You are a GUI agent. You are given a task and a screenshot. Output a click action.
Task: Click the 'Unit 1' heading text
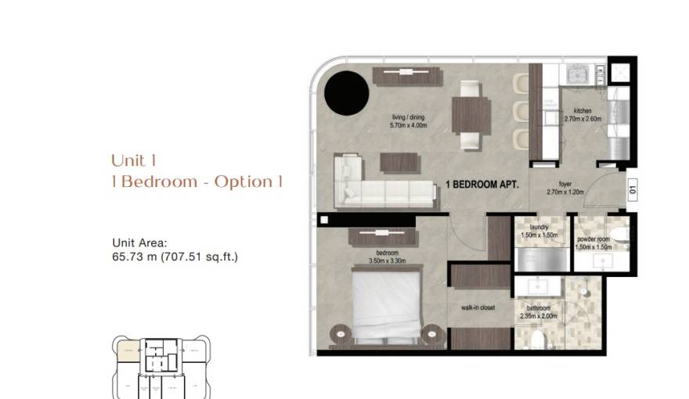pyautogui.click(x=134, y=161)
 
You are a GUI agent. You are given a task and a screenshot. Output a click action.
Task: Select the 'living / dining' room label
pyautogui.click(x=409, y=118)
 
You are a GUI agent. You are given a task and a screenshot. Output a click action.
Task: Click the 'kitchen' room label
pyautogui.click(x=583, y=111)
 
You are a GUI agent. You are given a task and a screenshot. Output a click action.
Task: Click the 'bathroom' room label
pyautogui.click(x=538, y=307)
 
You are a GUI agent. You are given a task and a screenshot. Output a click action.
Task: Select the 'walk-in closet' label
pyautogui.click(x=477, y=308)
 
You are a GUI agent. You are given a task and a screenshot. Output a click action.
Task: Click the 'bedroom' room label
pyautogui.click(x=387, y=253)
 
